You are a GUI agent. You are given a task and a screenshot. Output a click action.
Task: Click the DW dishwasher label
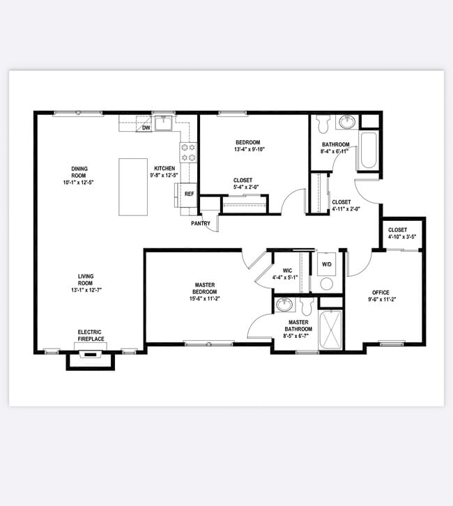[x=146, y=128]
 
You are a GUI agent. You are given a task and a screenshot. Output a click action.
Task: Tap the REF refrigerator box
[x=188, y=194]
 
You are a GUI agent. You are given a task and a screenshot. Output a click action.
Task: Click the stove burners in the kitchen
[x=188, y=153]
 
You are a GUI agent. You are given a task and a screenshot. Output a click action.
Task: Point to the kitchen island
[x=132, y=187]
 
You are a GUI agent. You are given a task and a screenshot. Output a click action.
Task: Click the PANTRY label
[x=201, y=223]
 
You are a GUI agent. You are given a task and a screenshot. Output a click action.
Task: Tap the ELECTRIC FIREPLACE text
[x=91, y=335]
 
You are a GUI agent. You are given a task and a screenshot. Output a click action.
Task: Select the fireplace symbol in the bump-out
[x=89, y=355]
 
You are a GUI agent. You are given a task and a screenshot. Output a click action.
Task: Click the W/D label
[x=326, y=265]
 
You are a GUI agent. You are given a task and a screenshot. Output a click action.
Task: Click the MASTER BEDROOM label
[x=204, y=289]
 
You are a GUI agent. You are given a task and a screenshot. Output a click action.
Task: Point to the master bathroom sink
[x=284, y=305]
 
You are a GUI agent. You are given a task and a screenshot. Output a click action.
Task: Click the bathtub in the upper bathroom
[x=368, y=152]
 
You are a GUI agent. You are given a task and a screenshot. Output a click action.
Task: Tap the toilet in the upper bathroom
[x=322, y=126]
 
